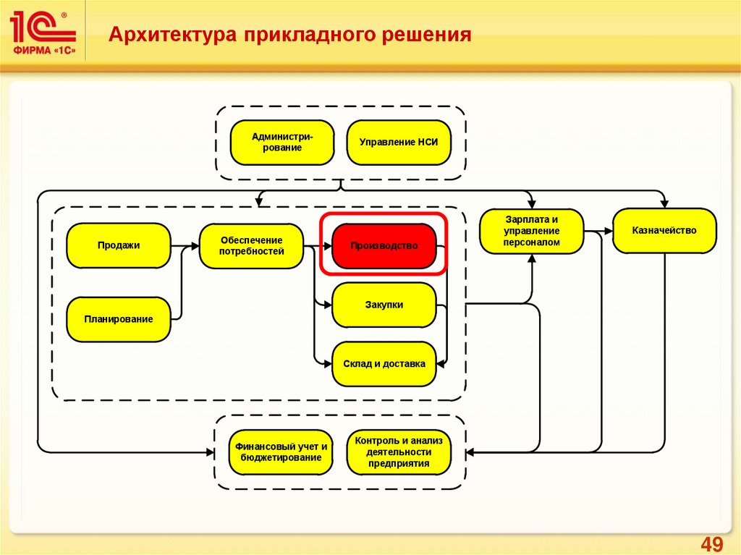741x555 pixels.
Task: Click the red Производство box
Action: point(384,246)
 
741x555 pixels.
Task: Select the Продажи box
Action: point(119,245)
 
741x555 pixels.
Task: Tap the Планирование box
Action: point(119,319)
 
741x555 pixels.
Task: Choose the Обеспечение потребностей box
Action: point(251,246)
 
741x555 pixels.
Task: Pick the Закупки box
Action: point(384,305)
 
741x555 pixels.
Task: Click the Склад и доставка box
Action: point(384,364)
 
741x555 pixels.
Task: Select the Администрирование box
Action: point(283,143)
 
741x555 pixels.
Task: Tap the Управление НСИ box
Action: point(399,143)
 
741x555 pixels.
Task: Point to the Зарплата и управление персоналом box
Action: point(532,231)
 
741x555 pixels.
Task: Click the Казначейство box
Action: point(664,231)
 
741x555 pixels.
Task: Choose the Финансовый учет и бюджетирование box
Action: point(281,452)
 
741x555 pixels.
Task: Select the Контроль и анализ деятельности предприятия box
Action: point(399,452)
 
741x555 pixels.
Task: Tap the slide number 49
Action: point(712,544)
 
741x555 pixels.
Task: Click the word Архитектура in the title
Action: point(172,35)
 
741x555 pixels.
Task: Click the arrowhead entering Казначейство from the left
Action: point(609,231)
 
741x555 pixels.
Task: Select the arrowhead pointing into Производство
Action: point(328,246)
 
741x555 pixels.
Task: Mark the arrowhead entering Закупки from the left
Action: point(328,305)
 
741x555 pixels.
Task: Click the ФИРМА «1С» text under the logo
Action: point(44,51)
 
